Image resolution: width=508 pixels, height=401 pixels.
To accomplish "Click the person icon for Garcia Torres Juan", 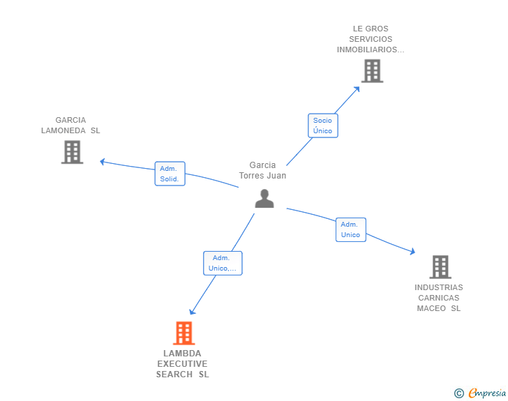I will [x=264, y=199].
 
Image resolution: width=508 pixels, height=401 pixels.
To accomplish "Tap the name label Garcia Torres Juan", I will [x=262, y=171].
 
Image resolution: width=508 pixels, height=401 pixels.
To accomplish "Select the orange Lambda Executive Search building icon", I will [x=183, y=333].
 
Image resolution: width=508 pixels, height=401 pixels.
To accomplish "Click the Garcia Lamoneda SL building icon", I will [x=72, y=152].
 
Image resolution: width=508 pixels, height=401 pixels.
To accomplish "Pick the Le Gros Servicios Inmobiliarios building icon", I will [x=372, y=70].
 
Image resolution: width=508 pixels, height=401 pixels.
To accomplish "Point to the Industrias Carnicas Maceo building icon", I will [x=440, y=266].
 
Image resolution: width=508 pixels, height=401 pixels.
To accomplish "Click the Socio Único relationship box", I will [x=322, y=126].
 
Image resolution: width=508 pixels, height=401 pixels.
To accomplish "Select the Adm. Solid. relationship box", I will [x=170, y=174].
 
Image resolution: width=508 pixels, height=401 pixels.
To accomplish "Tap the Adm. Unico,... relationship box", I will [x=223, y=263].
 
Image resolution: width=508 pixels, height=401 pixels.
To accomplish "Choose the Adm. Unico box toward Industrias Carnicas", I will [x=350, y=229].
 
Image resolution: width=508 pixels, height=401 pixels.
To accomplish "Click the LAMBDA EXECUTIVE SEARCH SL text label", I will [x=182, y=364].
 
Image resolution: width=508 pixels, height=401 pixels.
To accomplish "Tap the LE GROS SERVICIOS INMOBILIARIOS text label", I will [x=371, y=39].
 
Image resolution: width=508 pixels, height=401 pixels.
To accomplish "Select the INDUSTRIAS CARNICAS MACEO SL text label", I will [x=438, y=298].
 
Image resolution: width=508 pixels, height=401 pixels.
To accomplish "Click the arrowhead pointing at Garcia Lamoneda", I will [x=103, y=162].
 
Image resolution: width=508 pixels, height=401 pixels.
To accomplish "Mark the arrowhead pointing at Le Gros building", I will [x=357, y=88].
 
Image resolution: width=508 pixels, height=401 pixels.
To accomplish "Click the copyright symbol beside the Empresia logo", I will [x=458, y=394].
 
